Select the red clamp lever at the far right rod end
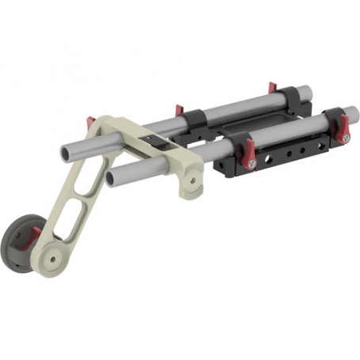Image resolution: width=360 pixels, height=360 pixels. click(x=346, y=124)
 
